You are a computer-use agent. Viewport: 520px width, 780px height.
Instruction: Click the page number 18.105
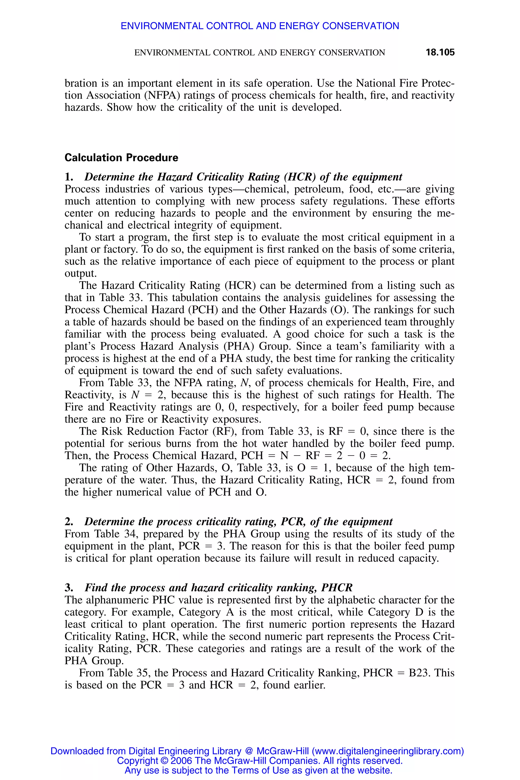440,52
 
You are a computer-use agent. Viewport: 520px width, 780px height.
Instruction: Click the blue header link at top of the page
260,26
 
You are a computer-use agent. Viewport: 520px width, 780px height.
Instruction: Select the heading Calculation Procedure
121,157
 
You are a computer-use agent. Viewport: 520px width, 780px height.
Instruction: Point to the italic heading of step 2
238,522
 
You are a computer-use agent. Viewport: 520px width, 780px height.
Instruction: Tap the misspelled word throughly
432,322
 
